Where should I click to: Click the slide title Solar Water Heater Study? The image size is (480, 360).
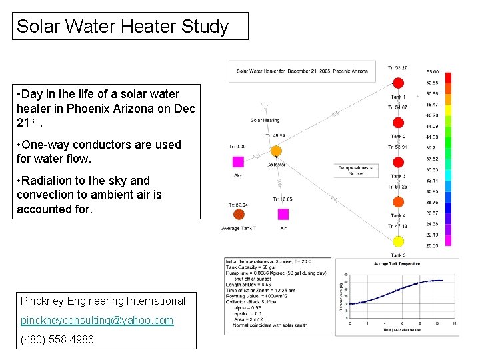pyautogui.click(x=123, y=27)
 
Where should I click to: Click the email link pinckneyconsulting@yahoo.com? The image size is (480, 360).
pyautogui.click(x=97, y=320)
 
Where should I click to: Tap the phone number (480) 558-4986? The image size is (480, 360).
pyautogui.click(x=57, y=339)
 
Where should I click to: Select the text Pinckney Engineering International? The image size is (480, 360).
pyautogui.click(x=103, y=301)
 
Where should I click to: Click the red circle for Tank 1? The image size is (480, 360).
pyautogui.click(x=398, y=83)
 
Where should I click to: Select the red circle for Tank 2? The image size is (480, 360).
pyautogui.click(x=398, y=123)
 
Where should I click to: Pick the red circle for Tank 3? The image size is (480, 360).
pyautogui.click(x=398, y=162)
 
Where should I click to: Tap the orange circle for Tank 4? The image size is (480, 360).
pyautogui.click(x=398, y=201)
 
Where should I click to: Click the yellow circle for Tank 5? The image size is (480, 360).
pyautogui.click(x=398, y=241)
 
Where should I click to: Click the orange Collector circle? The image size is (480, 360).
pyautogui.click(x=276, y=151)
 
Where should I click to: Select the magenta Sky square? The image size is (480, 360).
pyautogui.click(x=238, y=161)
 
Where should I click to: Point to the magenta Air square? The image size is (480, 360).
pyautogui.click(x=283, y=214)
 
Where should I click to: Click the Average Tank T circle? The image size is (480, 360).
pyautogui.click(x=238, y=214)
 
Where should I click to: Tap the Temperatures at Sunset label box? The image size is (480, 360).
pyautogui.click(x=357, y=169)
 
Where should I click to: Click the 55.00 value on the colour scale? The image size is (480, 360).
pyautogui.click(x=432, y=72)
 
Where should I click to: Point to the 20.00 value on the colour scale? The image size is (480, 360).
pyautogui.click(x=432, y=246)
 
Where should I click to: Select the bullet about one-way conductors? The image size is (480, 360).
pyautogui.click(x=99, y=151)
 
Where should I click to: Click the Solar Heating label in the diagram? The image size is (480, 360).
pyautogui.click(x=265, y=121)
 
